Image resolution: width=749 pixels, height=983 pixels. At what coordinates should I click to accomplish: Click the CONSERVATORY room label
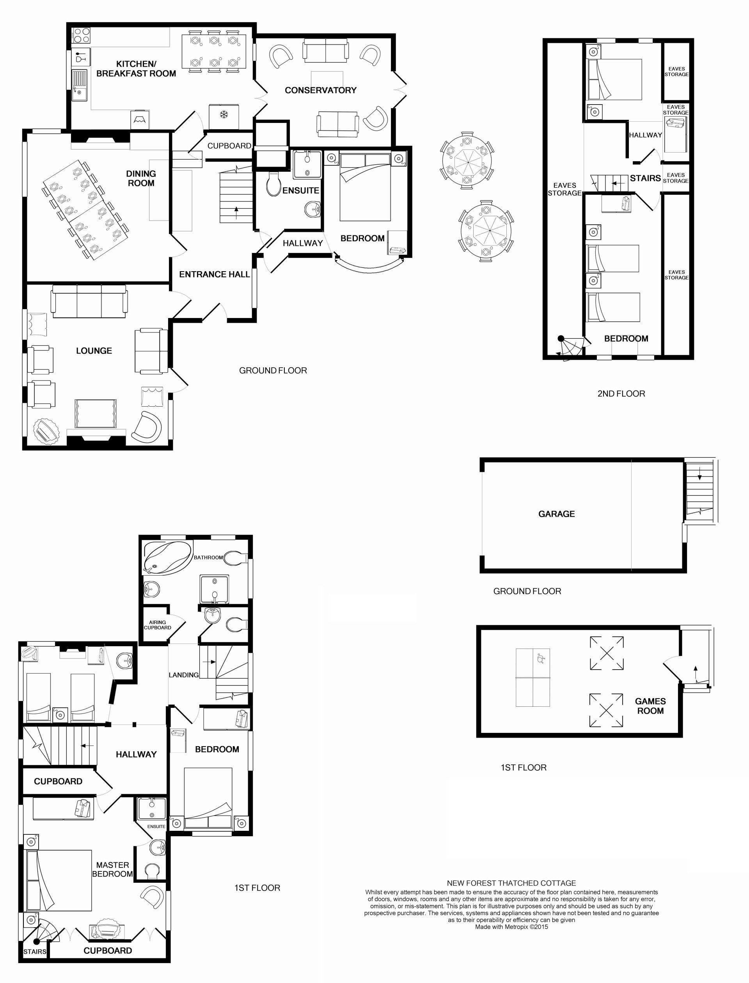321,90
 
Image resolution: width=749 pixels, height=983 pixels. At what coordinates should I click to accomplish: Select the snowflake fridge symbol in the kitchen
224,115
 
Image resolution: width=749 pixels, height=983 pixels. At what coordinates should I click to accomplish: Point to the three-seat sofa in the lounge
89,302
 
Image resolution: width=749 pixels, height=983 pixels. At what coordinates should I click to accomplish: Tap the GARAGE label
556,514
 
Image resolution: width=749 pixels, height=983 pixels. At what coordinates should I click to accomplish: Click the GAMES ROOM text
650,706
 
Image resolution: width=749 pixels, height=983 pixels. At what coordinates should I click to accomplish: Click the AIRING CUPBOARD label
157,625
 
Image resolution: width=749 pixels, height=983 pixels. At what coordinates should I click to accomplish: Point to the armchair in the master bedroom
152,898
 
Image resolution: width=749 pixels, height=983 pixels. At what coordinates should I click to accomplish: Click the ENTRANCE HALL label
215,274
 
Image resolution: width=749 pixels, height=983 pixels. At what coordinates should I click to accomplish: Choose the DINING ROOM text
141,178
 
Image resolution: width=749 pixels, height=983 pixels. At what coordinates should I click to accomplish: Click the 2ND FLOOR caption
621,393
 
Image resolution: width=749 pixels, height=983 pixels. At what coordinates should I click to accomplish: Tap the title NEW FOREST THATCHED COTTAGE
511,883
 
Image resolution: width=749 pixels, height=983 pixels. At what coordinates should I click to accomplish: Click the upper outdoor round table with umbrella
467,160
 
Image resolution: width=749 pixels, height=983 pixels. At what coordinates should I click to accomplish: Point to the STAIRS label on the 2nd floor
645,178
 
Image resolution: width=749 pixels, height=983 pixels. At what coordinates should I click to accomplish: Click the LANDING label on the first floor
184,675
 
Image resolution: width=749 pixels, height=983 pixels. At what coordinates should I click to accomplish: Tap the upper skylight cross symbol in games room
606,653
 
